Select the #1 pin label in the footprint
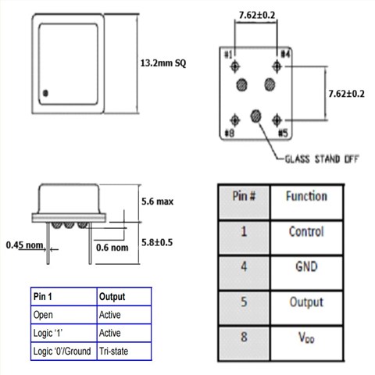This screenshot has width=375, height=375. [x=228, y=55]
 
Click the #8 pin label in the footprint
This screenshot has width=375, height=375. [x=228, y=132]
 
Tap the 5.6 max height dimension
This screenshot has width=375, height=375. [x=156, y=201]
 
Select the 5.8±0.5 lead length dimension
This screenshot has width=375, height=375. [x=157, y=242]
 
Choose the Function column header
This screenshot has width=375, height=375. [x=305, y=196]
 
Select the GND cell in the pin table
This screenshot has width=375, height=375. [x=305, y=266]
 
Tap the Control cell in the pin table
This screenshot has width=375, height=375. [x=305, y=231]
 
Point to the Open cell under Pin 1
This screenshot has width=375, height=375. [x=43, y=316]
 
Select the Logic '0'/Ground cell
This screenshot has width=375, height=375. [x=62, y=352]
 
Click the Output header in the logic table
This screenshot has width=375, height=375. [x=112, y=297]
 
